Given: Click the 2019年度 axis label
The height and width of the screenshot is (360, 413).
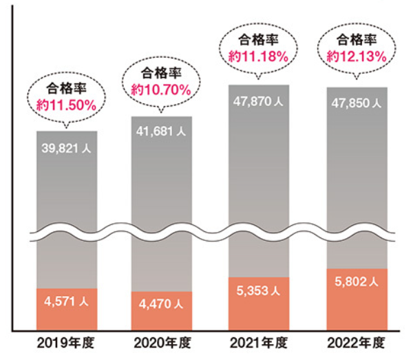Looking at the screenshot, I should tap(67, 343).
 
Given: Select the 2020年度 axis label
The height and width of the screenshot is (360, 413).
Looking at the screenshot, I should tap(162, 343).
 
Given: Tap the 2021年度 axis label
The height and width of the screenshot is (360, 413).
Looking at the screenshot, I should tap(259, 343).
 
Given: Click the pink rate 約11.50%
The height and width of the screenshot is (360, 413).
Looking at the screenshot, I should tap(66, 106).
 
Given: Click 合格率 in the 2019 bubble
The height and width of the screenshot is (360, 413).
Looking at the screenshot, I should tap(66, 89).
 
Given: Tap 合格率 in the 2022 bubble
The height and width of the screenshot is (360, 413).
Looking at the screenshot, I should tap(356, 39).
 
